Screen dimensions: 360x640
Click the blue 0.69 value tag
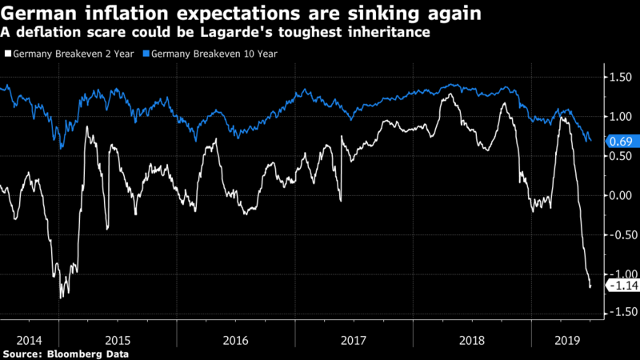coord(619,141)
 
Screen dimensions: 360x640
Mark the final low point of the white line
coord(590,286)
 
